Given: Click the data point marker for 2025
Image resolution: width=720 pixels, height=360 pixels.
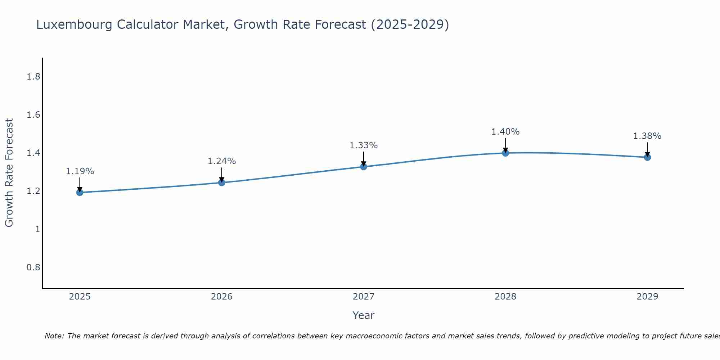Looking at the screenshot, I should [x=80, y=193].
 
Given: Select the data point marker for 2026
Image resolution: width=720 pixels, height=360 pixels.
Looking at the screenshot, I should [x=222, y=183].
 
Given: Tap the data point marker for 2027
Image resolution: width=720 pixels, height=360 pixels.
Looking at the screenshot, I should [x=364, y=167].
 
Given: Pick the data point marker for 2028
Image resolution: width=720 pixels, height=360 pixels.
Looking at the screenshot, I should [x=505, y=153].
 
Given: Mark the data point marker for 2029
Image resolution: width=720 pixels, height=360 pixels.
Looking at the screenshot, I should [x=647, y=157].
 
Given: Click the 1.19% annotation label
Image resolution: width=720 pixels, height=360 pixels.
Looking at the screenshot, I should [x=80, y=171].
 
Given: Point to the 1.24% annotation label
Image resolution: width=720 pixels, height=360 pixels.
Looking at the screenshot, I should [x=222, y=161].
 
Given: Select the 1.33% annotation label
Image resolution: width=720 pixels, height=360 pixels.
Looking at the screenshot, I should [x=364, y=145].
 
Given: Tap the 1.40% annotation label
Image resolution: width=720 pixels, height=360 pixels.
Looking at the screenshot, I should [x=505, y=132].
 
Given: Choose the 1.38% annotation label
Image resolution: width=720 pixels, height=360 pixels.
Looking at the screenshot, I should [x=647, y=136].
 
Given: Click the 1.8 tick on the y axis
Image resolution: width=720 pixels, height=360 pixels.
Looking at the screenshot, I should [x=33, y=77].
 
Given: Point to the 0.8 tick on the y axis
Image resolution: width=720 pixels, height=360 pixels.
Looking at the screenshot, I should [x=33, y=267].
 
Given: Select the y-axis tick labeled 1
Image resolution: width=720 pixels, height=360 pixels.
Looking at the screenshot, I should [x=37, y=229].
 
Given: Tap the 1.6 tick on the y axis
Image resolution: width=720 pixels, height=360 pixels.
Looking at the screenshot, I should [x=33, y=115].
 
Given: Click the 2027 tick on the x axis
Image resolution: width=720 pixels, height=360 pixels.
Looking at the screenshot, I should [x=364, y=297].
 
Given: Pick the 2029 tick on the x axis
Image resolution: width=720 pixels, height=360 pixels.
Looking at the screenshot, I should [x=647, y=297].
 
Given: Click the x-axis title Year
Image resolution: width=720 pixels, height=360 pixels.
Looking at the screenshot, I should [x=364, y=315].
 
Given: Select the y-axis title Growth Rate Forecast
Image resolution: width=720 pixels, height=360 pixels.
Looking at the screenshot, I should [x=9, y=173].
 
